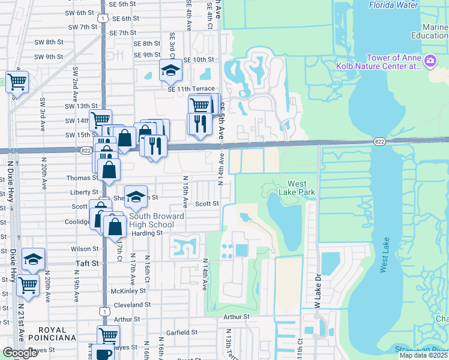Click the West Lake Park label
click(296, 188)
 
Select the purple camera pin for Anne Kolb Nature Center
click(430, 61)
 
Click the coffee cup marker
click(103, 353)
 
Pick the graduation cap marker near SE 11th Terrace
click(170, 70)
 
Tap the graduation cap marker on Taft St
click(33, 259)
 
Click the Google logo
click(20, 353)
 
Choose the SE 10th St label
click(199, 60)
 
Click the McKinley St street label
click(126, 292)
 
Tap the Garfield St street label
click(182, 332)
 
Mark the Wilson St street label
click(84, 248)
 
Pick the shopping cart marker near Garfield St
click(108, 335)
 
